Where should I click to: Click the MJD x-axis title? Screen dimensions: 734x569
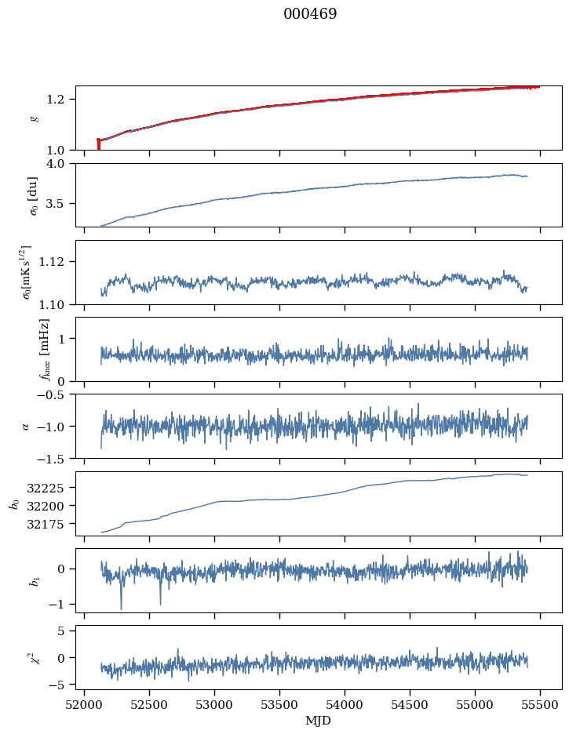(x=318, y=721)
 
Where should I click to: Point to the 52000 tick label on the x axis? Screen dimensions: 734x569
(x=85, y=703)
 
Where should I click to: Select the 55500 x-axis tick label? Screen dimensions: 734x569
(x=540, y=703)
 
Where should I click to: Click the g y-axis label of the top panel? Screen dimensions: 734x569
(x=34, y=118)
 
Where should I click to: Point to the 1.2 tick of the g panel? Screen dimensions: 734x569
(x=60, y=99)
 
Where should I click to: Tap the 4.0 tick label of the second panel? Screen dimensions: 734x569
(x=60, y=163)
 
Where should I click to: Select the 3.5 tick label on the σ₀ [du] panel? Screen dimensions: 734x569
(x=60, y=203)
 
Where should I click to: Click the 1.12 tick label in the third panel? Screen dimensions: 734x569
(x=57, y=261)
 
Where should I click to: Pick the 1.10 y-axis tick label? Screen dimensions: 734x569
(x=57, y=303)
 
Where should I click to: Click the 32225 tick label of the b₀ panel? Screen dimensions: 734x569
(x=53, y=487)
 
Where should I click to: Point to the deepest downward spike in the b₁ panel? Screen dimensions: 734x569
(x=121, y=608)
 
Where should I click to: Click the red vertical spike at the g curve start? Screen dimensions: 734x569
(x=98, y=145)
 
